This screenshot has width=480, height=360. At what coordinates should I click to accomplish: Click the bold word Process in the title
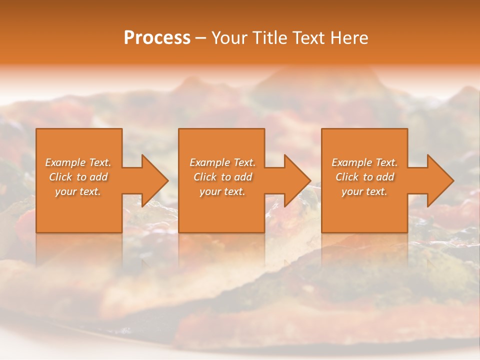click(x=157, y=38)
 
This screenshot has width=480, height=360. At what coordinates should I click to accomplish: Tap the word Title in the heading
click(x=269, y=38)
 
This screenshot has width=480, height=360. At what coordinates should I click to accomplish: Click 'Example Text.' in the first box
click(x=78, y=162)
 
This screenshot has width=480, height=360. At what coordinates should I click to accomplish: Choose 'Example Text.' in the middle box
click(x=222, y=162)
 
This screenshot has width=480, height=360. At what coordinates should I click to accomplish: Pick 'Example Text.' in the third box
click(x=364, y=162)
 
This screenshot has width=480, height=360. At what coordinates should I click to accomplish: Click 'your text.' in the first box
click(x=78, y=191)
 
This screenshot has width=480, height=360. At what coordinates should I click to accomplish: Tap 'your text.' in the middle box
click(x=222, y=191)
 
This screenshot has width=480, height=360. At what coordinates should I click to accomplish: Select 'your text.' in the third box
click(x=364, y=191)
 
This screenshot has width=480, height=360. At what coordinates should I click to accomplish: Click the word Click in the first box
click(x=61, y=177)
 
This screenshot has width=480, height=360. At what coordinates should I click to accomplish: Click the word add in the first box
click(x=98, y=177)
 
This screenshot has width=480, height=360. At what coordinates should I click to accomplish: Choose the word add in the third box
click(x=385, y=177)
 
